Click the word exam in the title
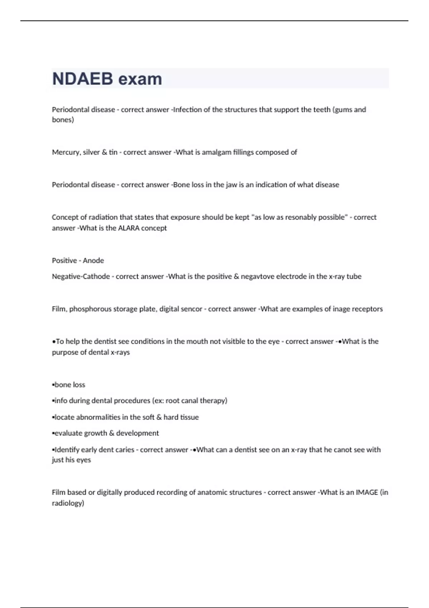pyautogui.click(x=140, y=79)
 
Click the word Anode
pyautogui.click(x=93, y=261)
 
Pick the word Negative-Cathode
pyautogui.click(x=81, y=276)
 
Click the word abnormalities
pyautogui.click(x=98, y=417)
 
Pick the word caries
pyautogui.click(x=125, y=450)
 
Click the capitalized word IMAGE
pyautogui.click(x=367, y=492)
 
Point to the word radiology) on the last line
pyautogui.click(x=68, y=503)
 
